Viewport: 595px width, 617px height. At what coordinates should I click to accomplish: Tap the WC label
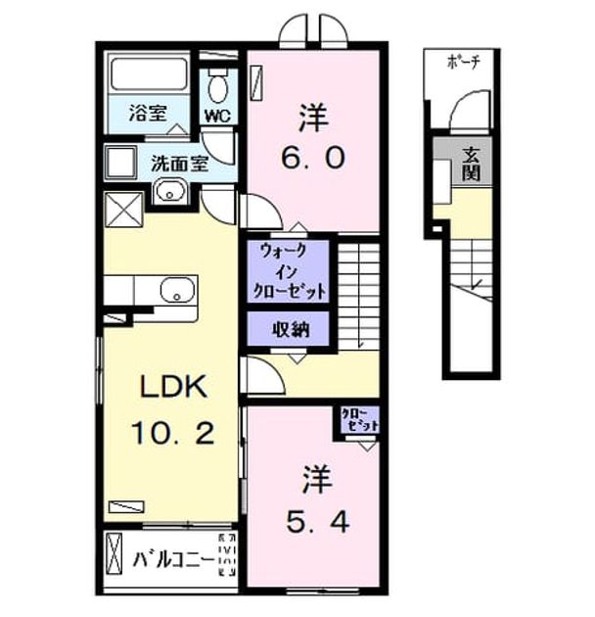coord(217,116)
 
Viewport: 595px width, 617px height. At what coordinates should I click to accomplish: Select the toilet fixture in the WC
coord(217,86)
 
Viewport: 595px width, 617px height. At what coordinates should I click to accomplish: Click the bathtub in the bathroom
coord(149,74)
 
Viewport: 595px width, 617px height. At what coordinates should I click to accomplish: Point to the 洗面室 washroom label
coord(179,164)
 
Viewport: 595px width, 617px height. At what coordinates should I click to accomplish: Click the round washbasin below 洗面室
coord(170,192)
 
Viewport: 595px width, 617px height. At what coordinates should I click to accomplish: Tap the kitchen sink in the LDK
coord(177,290)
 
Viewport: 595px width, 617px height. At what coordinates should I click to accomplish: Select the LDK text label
coord(174,387)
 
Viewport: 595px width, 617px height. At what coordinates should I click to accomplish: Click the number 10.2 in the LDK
coord(172,433)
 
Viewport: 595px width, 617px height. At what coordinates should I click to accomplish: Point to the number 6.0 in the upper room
coord(312,159)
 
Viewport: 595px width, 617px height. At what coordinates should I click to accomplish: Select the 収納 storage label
coord(291,329)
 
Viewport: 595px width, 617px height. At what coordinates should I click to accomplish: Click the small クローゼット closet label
coord(359,419)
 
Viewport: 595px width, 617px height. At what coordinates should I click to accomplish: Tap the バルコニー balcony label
coord(173,559)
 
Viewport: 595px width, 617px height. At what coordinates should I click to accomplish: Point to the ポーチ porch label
coord(463,62)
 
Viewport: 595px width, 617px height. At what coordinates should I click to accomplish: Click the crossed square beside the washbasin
coord(124,210)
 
